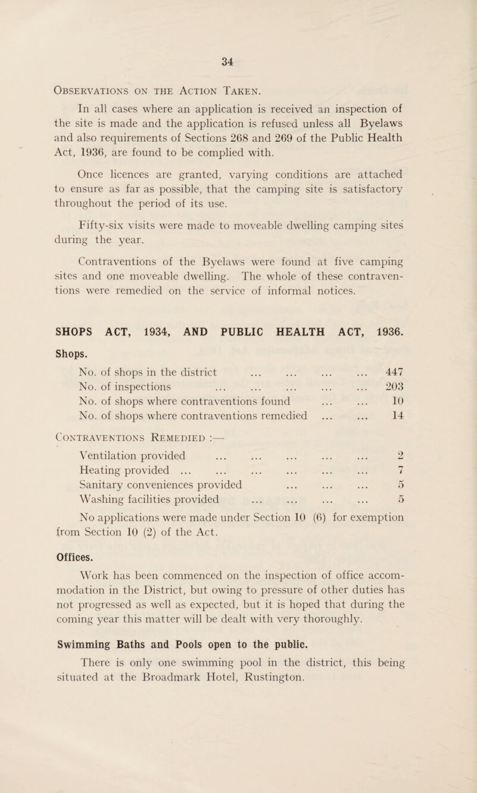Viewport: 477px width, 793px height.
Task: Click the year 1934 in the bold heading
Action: [175, 318]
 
